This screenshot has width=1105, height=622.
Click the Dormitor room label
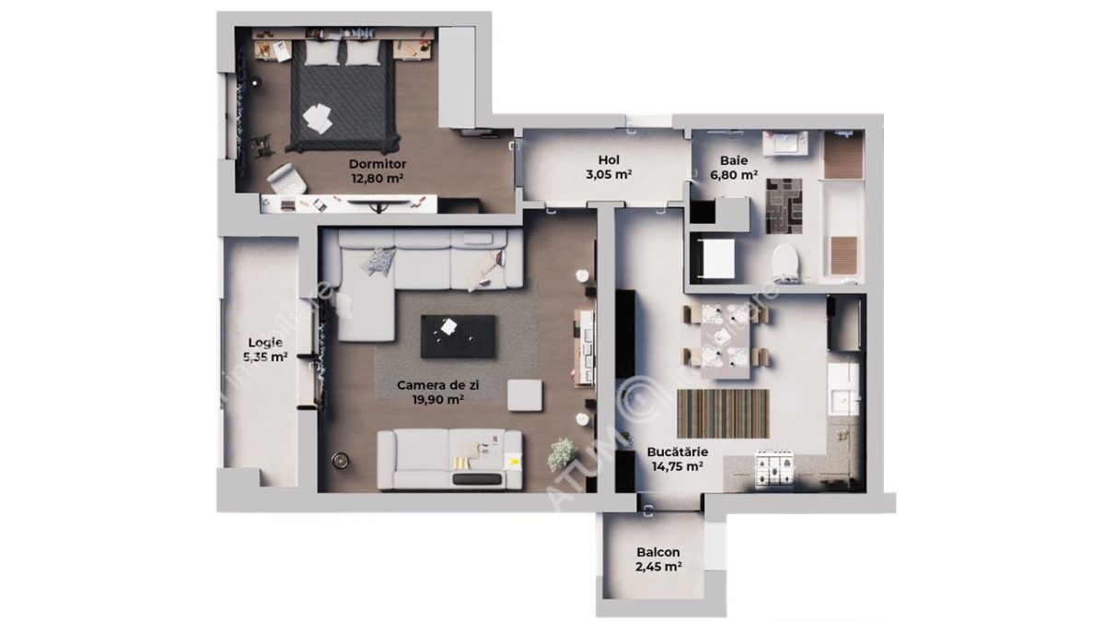(378, 164)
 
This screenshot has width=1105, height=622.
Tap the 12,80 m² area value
(378, 179)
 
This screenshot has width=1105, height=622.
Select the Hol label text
(608, 158)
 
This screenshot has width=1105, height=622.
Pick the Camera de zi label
(430, 385)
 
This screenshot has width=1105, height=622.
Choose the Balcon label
(657, 553)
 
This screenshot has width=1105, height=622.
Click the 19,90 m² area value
(430, 400)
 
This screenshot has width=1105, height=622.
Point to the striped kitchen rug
(723, 413)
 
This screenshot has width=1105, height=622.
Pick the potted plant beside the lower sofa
(560, 453)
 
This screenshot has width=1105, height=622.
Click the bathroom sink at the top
(786, 144)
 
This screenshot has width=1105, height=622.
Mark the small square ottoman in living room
(526, 396)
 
